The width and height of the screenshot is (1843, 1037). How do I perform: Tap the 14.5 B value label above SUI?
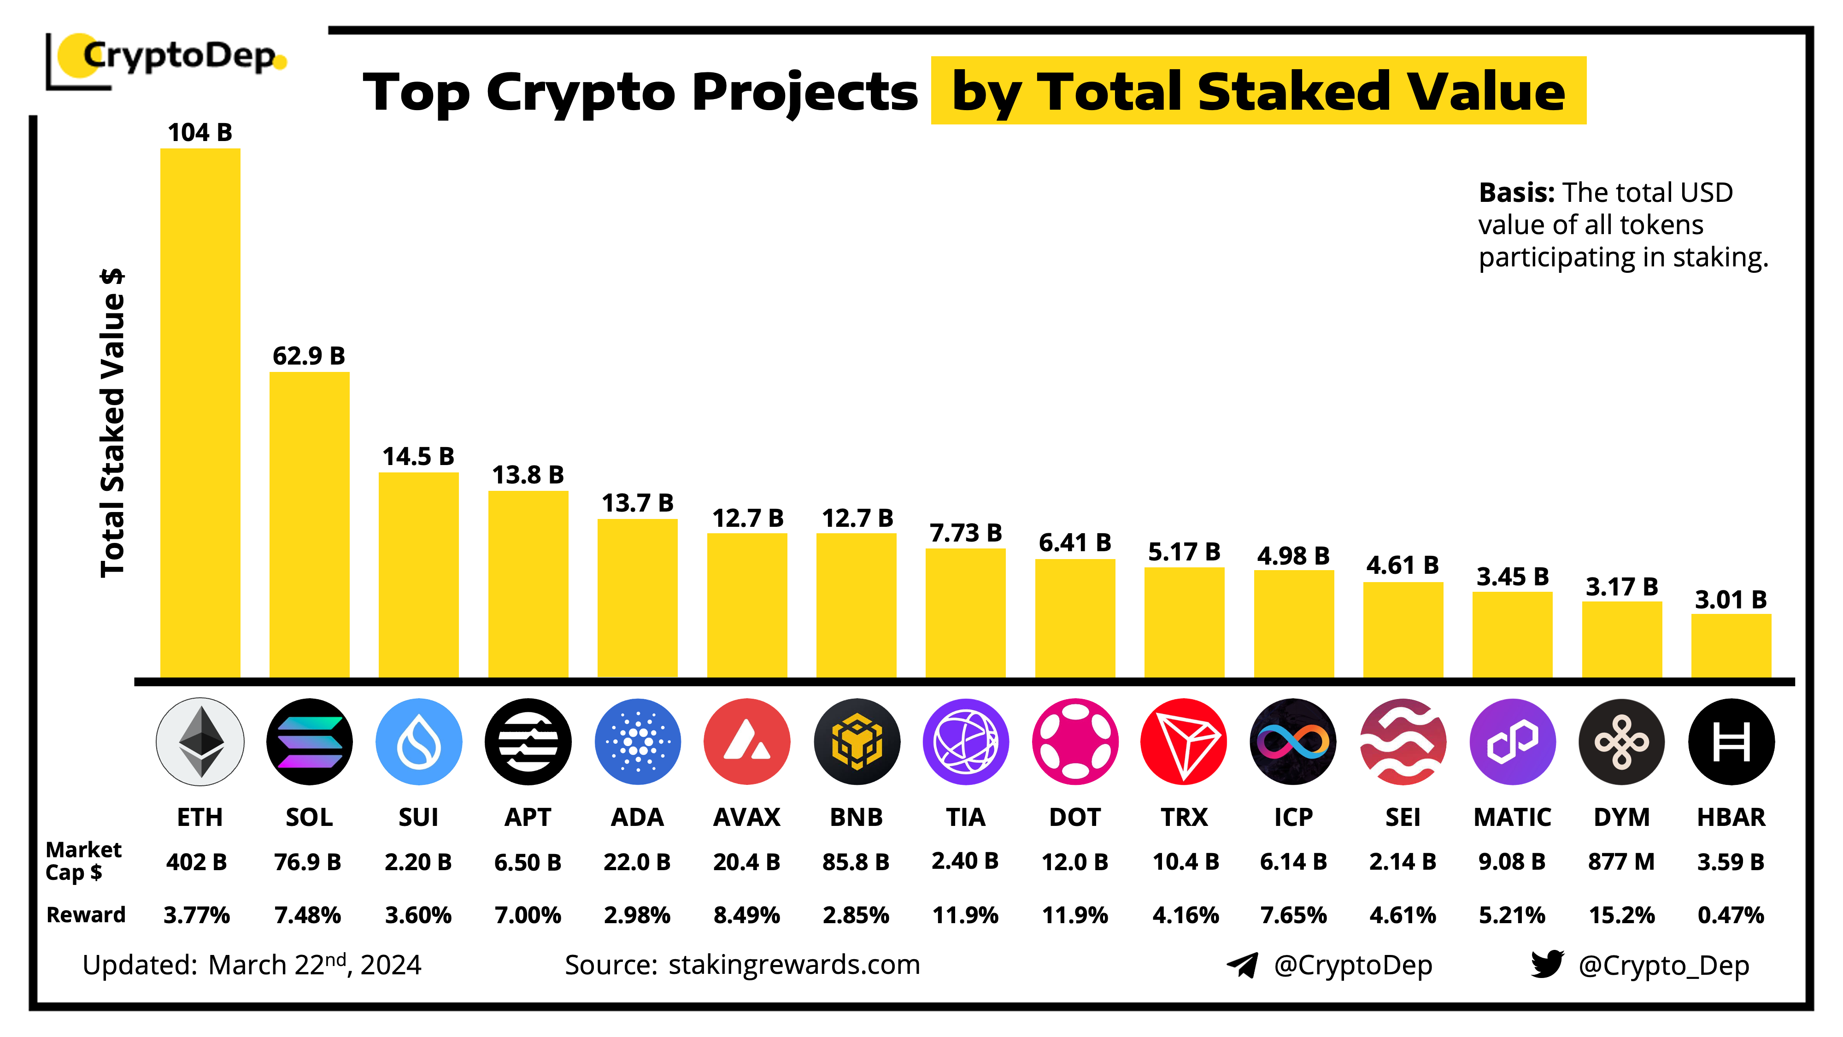coord(418,457)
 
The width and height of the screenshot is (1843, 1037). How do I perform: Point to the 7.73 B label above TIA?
coord(965,533)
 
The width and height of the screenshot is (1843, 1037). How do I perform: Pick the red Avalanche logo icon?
coord(746,742)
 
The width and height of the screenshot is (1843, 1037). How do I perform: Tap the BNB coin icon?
coord(857,742)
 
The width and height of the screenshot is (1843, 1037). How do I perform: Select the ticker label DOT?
coord(1074,817)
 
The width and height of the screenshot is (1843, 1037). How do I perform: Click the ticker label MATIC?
coord(1512,817)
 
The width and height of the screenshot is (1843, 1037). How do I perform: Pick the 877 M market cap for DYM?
coord(1621,862)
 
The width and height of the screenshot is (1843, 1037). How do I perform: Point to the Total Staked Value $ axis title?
coord(112,422)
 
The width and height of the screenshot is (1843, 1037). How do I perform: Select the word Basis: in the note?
coord(1516,193)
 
